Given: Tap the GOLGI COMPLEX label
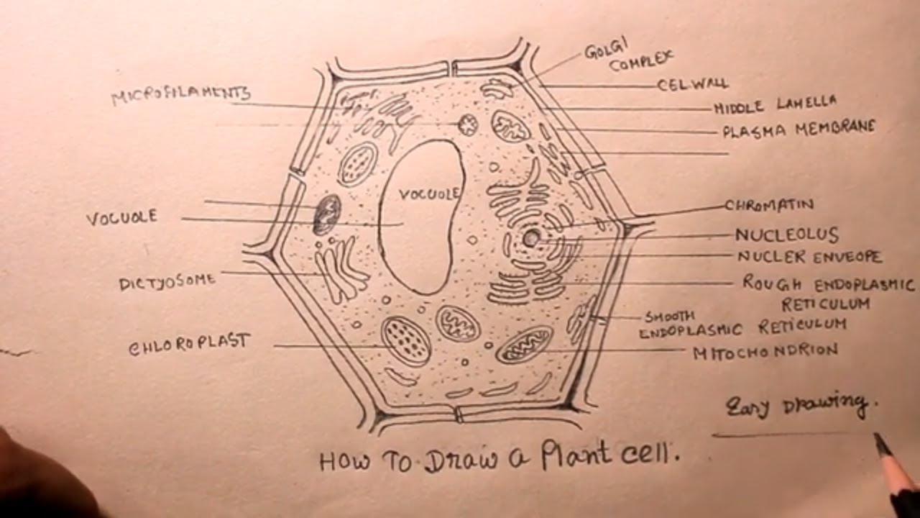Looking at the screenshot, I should point(628,58).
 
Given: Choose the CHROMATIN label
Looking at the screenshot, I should point(769,205).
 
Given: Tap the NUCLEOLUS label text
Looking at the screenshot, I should point(786,235).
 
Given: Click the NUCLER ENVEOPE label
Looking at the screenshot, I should point(809,256).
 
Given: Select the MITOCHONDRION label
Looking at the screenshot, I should point(765,351).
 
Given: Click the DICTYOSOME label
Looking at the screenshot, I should point(167,281).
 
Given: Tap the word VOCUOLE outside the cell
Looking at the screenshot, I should point(121,217).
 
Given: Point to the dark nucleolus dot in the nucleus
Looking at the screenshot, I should point(530,237).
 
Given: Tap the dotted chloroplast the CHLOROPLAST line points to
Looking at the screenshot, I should point(406,341).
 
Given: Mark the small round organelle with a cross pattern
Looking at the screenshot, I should point(468,125).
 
